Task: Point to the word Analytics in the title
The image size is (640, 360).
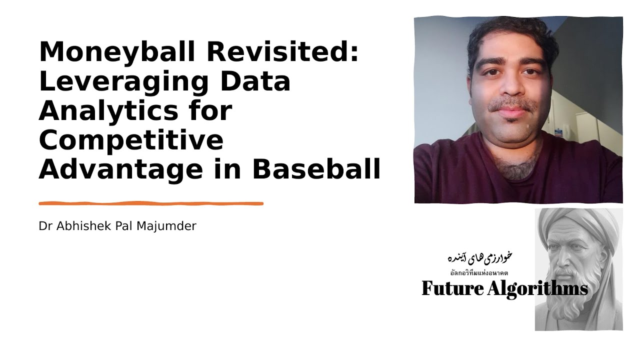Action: [x=107, y=111]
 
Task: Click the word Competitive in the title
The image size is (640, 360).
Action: [x=130, y=140]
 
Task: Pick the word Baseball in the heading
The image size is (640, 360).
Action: [x=316, y=170]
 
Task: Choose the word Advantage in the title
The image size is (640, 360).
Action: [x=120, y=170]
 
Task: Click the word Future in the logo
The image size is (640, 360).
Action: [x=452, y=288]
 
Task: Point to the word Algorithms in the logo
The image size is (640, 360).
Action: [x=537, y=288]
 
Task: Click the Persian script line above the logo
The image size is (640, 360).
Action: [x=479, y=258]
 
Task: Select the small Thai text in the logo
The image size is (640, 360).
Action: [x=479, y=272]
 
